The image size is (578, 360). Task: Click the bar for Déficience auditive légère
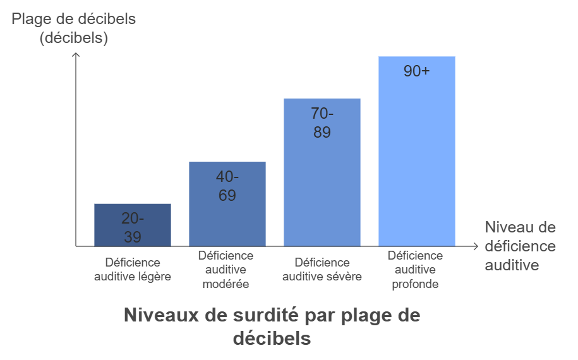click(133, 225)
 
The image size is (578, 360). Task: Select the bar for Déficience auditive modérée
click(227, 203)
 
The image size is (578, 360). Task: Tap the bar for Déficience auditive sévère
click(322, 172)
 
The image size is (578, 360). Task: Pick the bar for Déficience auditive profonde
click(417, 152)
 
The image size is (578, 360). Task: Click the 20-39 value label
click(133, 228)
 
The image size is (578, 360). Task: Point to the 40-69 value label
click(227, 186)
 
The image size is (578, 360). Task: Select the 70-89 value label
click(322, 123)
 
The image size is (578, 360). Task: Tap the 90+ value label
click(417, 71)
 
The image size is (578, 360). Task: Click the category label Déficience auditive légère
click(133, 269)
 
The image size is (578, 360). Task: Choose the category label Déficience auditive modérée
click(226, 270)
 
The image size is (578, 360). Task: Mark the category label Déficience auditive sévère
click(322, 269)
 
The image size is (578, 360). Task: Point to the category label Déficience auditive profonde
click(415, 270)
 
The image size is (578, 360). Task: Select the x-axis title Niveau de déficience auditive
click(520, 246)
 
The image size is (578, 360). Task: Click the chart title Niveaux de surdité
click(272, 326)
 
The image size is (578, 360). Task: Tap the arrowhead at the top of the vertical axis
click(76, 55)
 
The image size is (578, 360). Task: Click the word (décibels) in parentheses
click(74, 38)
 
